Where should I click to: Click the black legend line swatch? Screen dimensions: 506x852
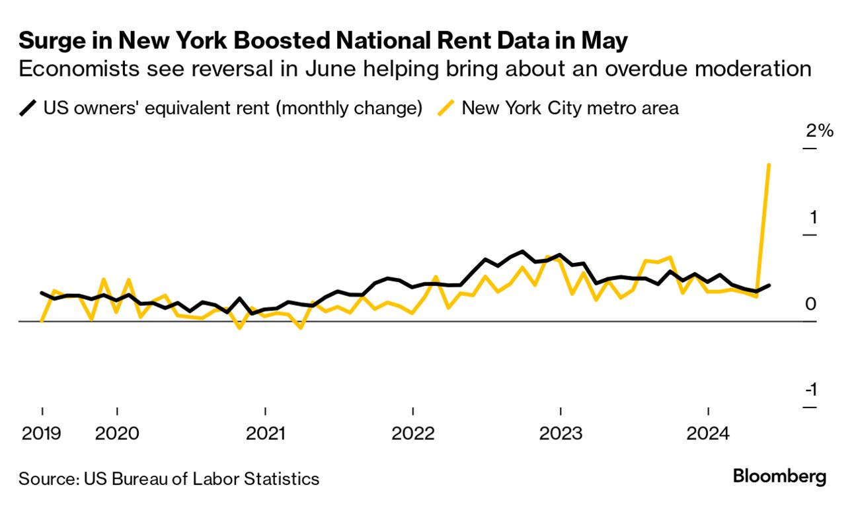coord(28,108)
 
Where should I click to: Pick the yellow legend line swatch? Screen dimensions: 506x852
coord(446,108)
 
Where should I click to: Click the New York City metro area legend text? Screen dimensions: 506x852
coord(570,108)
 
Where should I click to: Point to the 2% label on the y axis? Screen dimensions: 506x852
coord(819,131)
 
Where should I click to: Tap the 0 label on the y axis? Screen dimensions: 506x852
coord(811,304)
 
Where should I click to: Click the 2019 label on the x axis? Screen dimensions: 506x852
coord(42,434)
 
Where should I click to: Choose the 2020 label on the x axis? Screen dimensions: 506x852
coord(117,434)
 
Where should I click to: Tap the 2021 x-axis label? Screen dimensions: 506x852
coord(265,434)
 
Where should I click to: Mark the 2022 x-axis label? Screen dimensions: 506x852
coord(412,434)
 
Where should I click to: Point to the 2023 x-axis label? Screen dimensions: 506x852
coord(561,434)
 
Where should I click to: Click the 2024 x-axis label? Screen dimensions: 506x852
coord(708,434)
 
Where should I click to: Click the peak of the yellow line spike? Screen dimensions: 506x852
coord(769,164)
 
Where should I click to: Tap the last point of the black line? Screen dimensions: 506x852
coord(769,285)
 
